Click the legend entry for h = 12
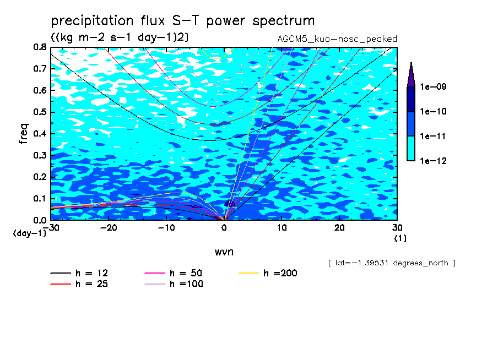click(x=79, y=273)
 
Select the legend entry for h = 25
click(x=79, y=283)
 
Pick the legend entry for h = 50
click(x=174, y=273)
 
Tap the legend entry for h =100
click(x=174, y=283)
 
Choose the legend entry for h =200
click(x=268, y=273)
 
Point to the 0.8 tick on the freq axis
click(x=40, y=47)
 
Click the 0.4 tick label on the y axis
click(x=40, y=134)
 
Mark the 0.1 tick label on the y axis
click(x=40, y=198)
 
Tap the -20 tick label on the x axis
click(x=109, y=228)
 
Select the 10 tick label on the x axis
click(x=282, y=228)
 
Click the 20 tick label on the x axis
click(x=339, y=228)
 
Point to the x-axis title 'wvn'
click(x=224, y=252)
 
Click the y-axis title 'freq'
click(x=24, y=134)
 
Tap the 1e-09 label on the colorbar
click(x=433, y=86)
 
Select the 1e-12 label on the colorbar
click(x=433, y=161)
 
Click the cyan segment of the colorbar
click(x=411, y=149)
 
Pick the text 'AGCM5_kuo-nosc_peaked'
click(x=337, y=39)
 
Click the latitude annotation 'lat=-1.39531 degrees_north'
click(x=392, y=263)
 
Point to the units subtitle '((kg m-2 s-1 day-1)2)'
click(x=120, y=37)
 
